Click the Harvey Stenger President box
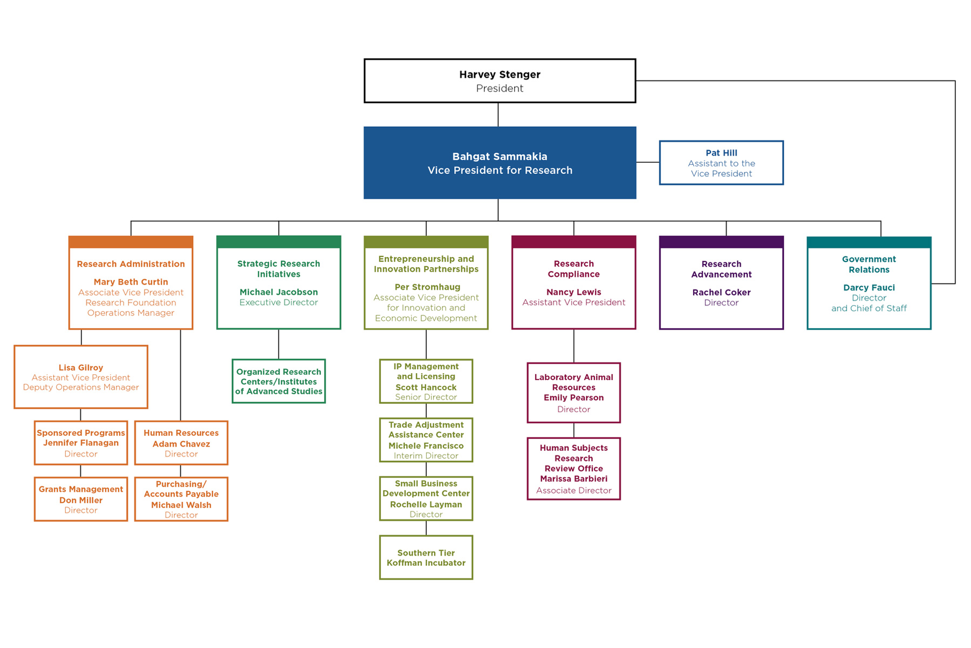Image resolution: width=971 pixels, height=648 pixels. point(500,81)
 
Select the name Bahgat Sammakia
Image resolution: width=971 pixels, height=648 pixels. point(500,157)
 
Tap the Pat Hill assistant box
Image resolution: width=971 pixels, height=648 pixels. point(721,163)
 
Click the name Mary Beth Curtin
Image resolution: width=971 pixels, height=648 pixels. point(131,282)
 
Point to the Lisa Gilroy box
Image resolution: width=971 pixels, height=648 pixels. point(81,377)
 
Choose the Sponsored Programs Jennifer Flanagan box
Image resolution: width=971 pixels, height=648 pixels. point(81,443)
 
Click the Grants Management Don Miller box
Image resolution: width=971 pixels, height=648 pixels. point(81,499)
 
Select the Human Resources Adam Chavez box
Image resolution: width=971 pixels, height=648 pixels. point(181,443)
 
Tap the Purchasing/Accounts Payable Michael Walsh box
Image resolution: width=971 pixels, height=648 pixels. point(181,499)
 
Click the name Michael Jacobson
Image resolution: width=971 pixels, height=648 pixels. point(278,292)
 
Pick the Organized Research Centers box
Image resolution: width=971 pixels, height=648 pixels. point(278,381)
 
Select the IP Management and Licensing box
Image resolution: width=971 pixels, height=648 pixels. point(426,381)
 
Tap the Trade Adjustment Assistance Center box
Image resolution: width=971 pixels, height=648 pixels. point(426,440)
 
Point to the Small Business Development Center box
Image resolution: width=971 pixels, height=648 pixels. point(426,498)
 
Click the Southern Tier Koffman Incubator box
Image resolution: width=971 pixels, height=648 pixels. point(426,557)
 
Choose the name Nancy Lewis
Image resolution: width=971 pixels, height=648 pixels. point(573,292)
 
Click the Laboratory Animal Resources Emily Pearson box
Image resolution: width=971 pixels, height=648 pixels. point(573,393)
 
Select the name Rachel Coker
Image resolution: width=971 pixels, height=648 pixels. point(721,292)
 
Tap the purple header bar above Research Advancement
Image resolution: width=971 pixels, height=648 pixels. point(721,242)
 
